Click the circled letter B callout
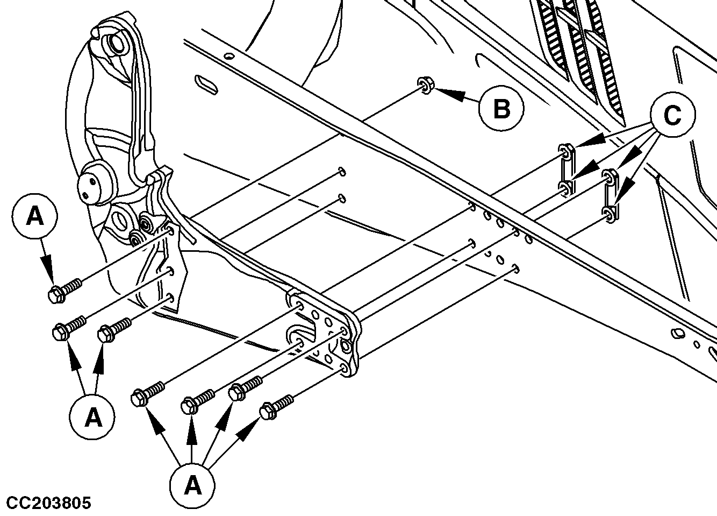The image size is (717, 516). click(x=501, y=109)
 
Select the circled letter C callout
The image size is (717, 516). click(x=672, y=115)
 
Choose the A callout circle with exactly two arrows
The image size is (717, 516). click(x=94, y=416)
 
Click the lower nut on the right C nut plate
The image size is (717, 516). click(x=609, y=214)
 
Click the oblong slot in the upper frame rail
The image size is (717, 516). click(x=206, y=83)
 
